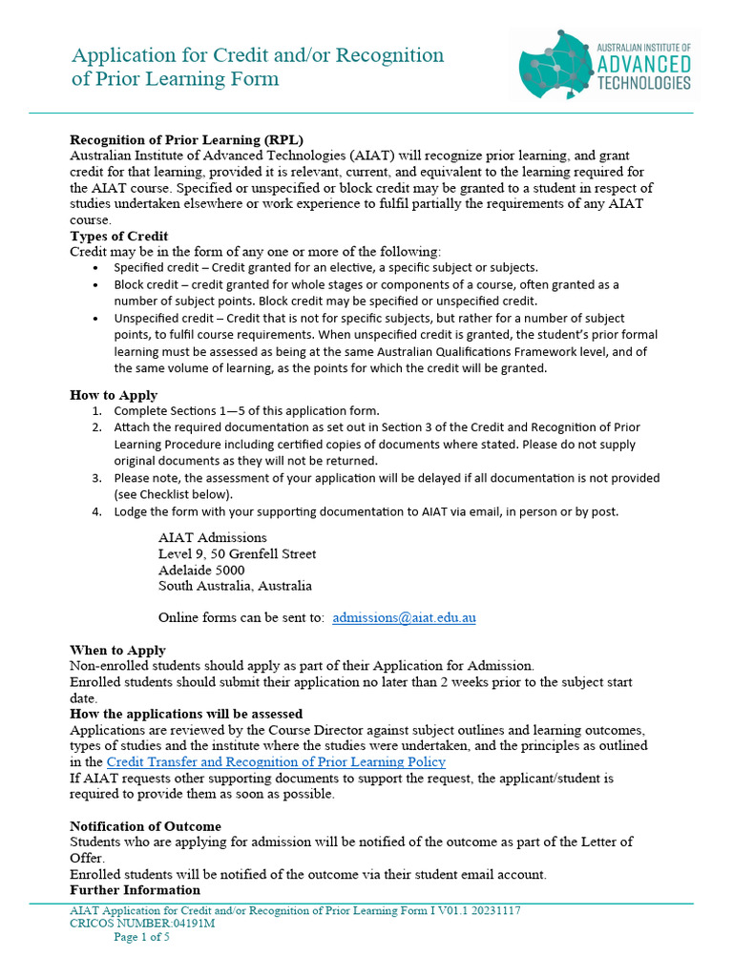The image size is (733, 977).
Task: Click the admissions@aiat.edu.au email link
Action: click(404, 617)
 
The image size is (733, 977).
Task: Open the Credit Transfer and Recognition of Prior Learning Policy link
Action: click(276, 761)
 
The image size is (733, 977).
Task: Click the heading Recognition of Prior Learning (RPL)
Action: click(186, 139)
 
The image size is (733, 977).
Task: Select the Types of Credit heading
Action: click(119, 236)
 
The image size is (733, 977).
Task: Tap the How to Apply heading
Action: click(114, 395)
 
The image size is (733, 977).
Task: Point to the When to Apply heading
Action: click(117, 650)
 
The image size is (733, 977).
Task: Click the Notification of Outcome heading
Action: click(145, 826)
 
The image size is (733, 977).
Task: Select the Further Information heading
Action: click(135, 889)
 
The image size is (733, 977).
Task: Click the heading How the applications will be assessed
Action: click(186, 714)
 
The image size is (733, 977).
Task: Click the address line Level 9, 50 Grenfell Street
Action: click(237, 553)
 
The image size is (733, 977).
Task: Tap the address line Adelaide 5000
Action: click(201, 570)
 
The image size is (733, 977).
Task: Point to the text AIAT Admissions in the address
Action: click(213, 537)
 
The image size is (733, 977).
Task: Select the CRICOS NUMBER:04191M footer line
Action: click(142, 924)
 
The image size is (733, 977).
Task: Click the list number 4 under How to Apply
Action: click(96, 511)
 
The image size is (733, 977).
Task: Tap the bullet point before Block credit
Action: click(96, 284)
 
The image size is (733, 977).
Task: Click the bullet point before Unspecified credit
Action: click(96, 319)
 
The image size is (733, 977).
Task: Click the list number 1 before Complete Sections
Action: click(96, 410)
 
